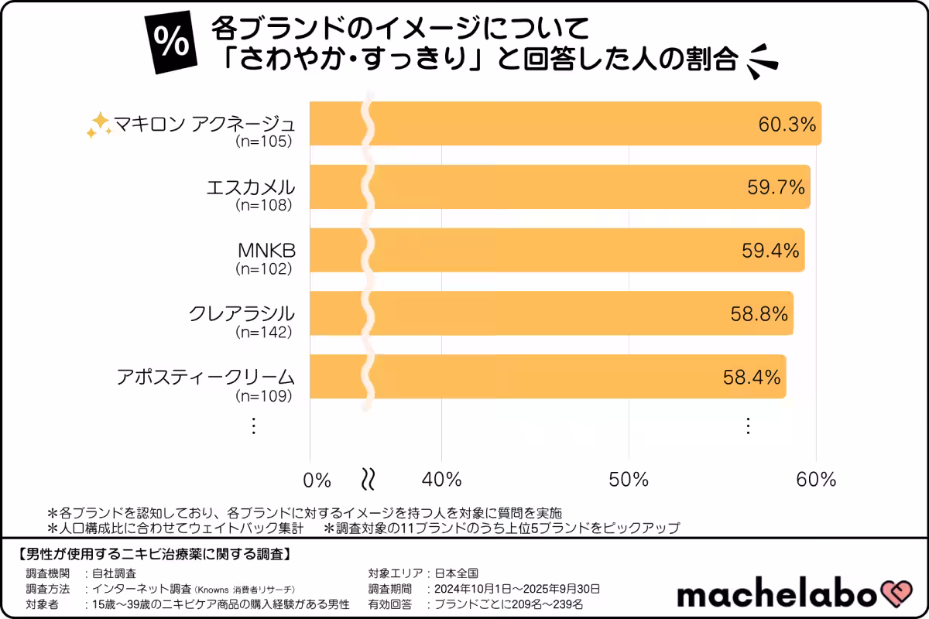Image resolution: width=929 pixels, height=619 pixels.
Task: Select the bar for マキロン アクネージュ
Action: pyautogui.click(x=565, y=123)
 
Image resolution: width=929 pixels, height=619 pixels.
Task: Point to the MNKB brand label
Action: pyautogui.click(x=267, y=251)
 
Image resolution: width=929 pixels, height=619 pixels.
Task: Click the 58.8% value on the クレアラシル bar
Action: pyautogui.click(x=759, y=313)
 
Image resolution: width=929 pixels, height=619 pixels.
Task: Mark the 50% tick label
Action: pyautogui.click(x=629, y=479)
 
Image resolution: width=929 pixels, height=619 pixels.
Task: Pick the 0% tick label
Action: pyautogui.click(x=317, y=480)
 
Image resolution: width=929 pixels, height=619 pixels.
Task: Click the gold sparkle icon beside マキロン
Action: pyautogui.click(x=98, y=125)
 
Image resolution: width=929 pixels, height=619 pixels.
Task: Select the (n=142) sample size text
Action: pyautogui.click(x=264, y=333)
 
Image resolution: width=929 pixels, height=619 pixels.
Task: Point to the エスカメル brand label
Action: pyautogui.click(x=252, y=187)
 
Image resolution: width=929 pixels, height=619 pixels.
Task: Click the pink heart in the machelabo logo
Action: pyautogui.click(x=898, y=593)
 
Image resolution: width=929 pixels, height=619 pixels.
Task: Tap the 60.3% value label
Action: pyautogui.click(x=787, y=123)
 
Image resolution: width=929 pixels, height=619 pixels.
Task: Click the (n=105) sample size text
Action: pyautogui.click(x=264, y=142)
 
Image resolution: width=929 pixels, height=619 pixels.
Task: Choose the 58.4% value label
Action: pyautogui.click(x=751, y=377)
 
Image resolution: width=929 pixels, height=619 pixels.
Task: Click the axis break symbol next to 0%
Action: pyautogui.click(x=369, y=479)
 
